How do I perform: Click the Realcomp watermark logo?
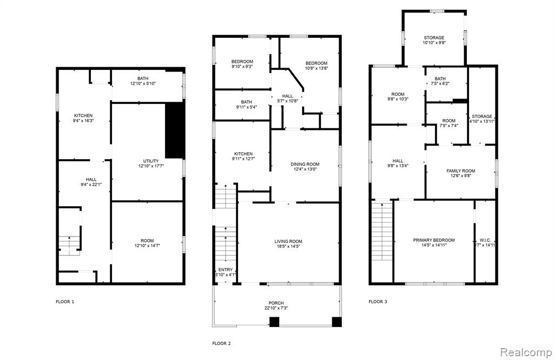click(x=526, y=352)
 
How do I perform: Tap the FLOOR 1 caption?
click(x=65, y=302)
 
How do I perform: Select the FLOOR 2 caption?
click(x=221, y=343)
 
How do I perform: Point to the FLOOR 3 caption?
click(x=378, y=302)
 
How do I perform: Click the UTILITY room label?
click(x=151, y=161)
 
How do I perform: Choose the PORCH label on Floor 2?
click(x=276, y=303)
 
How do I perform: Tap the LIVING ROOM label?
click(x=288, y=241)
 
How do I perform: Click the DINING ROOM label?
click(x=305, y=164)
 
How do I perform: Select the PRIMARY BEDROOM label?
click(x=434, y=240)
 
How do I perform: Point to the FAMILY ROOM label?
click(x=461, y=171)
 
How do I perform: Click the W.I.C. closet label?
click(x=485, y=240)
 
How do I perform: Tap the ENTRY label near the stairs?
click(x=226, y=270)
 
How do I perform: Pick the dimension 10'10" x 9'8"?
click(x=434, y=42)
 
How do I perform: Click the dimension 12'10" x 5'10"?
click(x=143, y=83)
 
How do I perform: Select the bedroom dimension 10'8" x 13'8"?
click(x=316, y=68)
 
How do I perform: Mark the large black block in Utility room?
click(x=175, y=130)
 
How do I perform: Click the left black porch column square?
click(x=274, y=322)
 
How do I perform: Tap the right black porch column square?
click(x=337, y=322)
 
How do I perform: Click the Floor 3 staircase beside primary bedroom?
click(x=382, y=231)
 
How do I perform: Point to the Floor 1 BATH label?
click(x=143, y=78)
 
